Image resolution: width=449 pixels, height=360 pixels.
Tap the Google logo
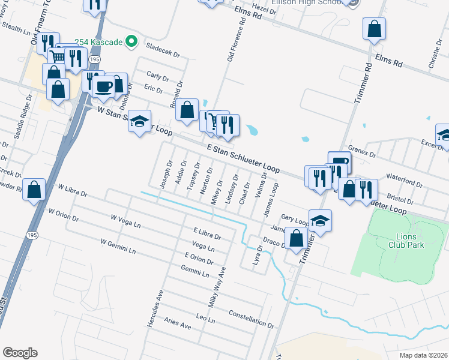(20, 353)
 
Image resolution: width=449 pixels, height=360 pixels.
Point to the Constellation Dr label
(251, 320)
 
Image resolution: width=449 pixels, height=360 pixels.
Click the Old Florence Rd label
(236, 40)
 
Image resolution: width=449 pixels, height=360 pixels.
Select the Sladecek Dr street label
(163, 50)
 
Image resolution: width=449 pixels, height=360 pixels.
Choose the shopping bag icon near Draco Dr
(296, 238)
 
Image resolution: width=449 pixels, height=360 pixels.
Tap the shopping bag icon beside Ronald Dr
(187, 110)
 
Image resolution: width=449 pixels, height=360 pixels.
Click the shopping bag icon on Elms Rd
(374, 28)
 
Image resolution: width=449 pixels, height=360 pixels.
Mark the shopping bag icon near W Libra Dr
(35, 190)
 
